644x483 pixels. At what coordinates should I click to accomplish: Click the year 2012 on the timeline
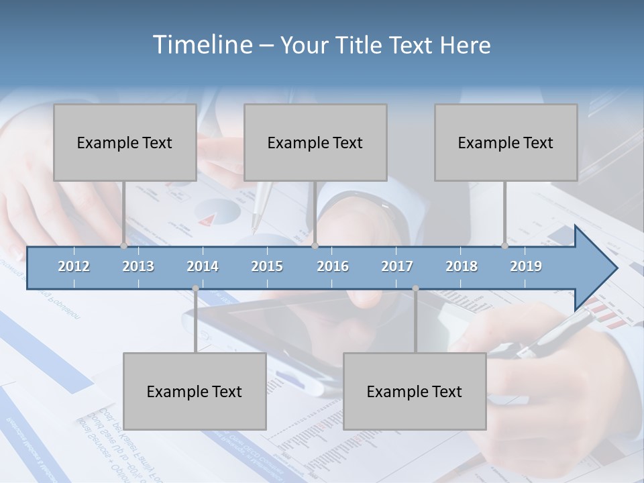[74, 266]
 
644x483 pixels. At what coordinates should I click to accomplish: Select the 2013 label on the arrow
[138, 266]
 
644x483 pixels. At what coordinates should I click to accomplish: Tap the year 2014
[203, 266]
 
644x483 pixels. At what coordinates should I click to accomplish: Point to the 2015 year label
[267, 266]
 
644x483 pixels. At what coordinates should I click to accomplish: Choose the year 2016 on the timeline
[333, 266]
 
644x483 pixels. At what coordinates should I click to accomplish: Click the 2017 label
[397, 266]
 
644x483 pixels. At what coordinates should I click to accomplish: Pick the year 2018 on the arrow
[462, 266]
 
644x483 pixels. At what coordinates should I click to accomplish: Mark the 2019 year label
[526, 266]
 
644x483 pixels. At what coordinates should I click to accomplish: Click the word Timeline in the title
[201, 45]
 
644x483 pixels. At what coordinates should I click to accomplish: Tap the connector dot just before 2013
[123, 246]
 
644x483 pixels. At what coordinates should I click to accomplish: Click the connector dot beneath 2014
[195, 288]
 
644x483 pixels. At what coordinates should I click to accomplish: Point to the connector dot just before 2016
[315, 246]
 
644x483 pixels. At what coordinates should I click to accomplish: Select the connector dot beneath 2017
[415, 288]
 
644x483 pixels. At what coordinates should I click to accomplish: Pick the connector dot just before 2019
[505, 246]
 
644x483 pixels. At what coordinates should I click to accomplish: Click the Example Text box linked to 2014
[195, 391]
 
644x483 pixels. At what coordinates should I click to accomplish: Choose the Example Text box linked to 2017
[415, 391]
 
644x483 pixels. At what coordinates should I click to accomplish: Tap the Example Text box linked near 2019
[506, 142]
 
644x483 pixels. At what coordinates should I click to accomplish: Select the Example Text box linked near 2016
[315, 142]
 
